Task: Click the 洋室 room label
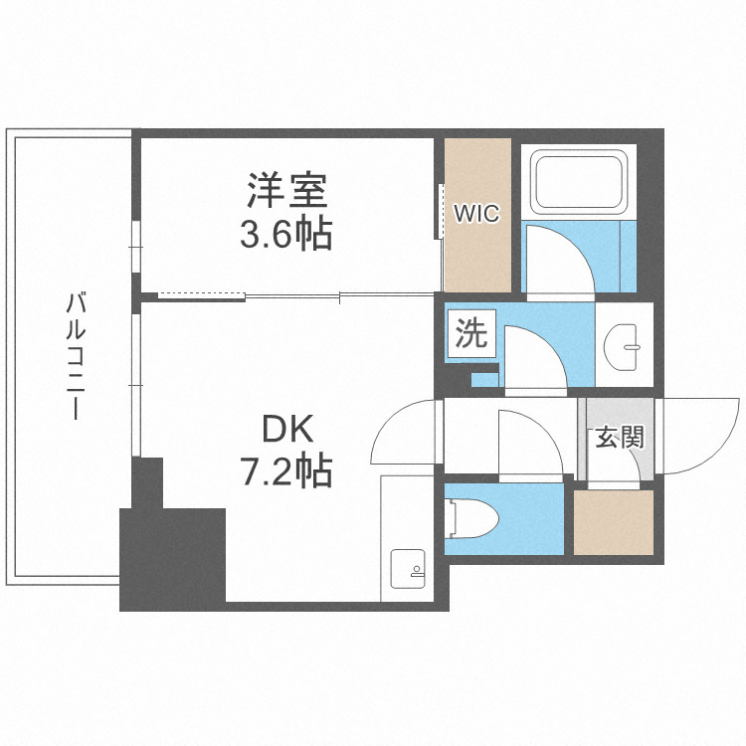(286, 188)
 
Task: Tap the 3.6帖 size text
(285, 235)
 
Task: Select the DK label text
(287, 429)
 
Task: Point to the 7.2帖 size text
(286, 471)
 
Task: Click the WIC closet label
(476, 213)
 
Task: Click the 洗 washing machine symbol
(471, 333)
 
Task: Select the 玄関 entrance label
(618, 438)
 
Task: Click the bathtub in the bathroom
(578, 181)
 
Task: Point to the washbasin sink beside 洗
(626, 344)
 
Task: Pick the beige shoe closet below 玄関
(613, 521)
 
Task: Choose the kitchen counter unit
(405, 537)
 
